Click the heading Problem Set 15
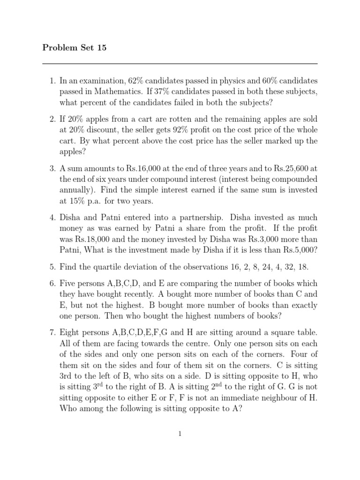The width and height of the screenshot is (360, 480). (75, 48)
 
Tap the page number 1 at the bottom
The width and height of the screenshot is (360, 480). (180, 434)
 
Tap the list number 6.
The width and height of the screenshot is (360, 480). (52, 284)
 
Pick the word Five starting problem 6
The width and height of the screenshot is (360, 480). (68, 284)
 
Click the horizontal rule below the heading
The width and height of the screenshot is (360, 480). (180, 64)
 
